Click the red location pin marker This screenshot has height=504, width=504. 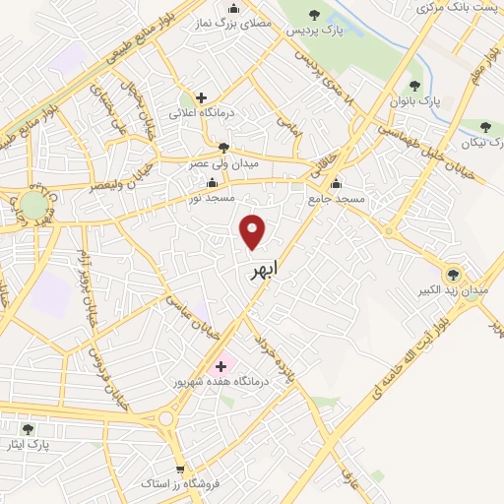coord(253,231)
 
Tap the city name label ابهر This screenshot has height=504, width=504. coord(259,268)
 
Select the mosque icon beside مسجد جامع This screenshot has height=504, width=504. coord(336,183)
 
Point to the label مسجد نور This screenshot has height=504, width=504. coord(213,199)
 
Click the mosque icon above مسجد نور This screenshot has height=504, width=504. coord(213,183)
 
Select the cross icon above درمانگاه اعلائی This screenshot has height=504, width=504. coord(201,97)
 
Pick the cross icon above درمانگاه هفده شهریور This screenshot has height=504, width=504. coord(220,366)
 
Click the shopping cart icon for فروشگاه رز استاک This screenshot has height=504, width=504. coord(179,469)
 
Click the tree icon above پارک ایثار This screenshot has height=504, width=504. coord(28,429)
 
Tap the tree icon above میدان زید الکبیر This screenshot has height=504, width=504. coord(453,275)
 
